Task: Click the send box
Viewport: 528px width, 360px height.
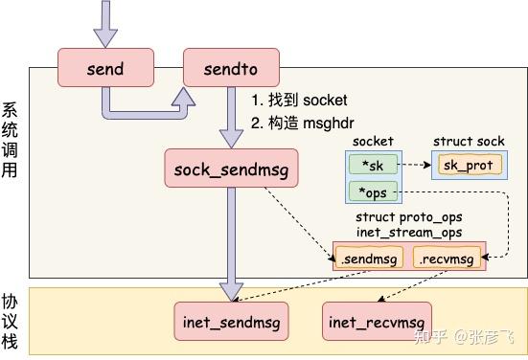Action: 105,69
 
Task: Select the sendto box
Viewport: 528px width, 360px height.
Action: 231,69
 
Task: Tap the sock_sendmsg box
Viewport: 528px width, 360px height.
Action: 231,169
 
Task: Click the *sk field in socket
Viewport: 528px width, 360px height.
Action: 373,165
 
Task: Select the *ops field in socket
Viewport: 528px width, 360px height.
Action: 373,192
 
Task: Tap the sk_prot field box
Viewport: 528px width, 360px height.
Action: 467,165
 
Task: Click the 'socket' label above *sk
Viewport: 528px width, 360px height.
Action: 373,142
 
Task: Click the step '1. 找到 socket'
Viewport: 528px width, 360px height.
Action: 299,101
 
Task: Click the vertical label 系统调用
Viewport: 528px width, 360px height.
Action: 11,141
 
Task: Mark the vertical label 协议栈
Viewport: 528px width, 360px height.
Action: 11,320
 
